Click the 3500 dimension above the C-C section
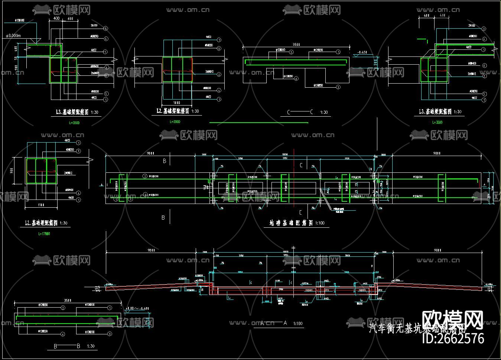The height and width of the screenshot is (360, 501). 296,45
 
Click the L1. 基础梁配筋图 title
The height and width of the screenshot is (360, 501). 41,223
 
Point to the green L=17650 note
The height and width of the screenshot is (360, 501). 44,234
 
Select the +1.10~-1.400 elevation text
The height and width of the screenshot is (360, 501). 137,308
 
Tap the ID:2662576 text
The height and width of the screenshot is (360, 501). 453,338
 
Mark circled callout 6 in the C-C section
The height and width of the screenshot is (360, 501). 296,79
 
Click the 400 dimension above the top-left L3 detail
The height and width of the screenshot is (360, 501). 56,18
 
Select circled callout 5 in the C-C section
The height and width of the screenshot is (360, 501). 292,52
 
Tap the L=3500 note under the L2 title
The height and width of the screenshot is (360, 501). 175,122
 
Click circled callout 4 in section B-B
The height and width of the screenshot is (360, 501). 63,334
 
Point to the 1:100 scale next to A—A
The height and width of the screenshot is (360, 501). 298,324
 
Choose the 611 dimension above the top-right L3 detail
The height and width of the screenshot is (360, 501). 426,16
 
